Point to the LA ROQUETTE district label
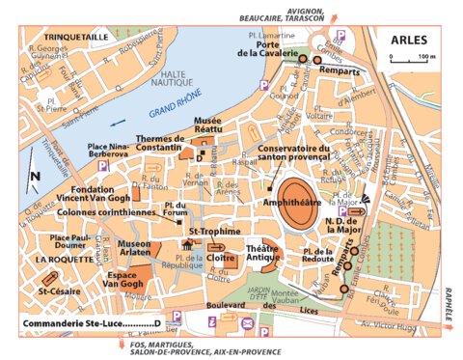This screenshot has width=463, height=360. click(60, 261)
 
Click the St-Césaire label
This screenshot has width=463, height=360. click(59, 290)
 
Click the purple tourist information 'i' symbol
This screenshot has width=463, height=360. click(214, 318)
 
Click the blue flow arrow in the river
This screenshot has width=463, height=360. click(116, 123)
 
